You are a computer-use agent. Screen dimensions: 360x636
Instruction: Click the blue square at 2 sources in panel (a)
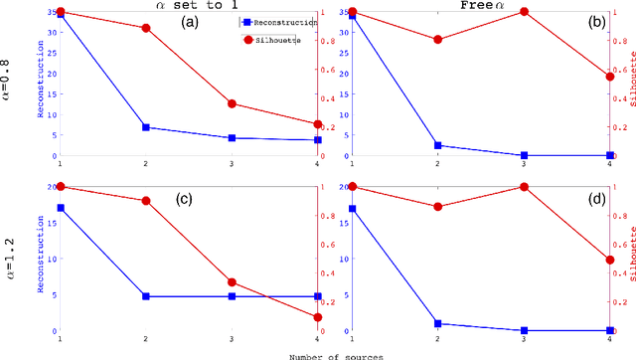[146, 127]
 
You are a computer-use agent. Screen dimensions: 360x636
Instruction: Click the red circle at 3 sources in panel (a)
[232, 103]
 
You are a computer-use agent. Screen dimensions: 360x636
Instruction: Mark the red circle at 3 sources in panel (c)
[232, 282]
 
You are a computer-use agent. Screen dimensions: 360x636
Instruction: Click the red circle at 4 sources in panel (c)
[318, 317]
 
